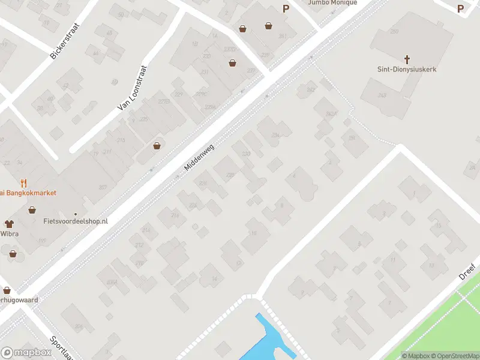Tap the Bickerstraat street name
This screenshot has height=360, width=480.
coord(65,41)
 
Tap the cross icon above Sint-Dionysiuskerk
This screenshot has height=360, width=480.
coord(407,59)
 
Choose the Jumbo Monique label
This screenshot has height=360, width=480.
coord(332,2)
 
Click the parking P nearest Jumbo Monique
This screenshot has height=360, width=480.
coord(286,8)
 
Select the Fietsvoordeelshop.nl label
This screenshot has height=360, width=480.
coord(76,221)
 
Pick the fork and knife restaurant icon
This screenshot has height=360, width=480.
coord(23,182)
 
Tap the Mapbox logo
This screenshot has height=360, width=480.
coord(26,352)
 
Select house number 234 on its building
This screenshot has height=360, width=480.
coord(275,136)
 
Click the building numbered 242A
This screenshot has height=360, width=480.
coord(331,114)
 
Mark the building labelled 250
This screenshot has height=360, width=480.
coord(394,31)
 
